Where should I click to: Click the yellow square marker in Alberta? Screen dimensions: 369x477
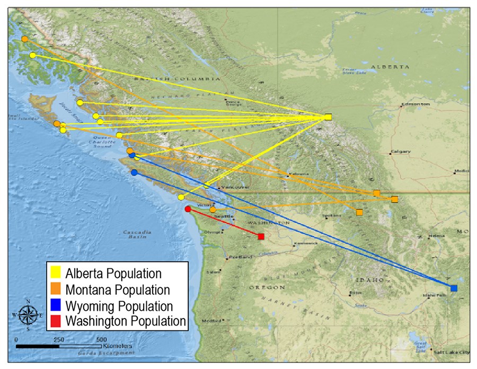[x=329, y=117]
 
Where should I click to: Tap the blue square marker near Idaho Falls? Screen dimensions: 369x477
[x=454, y=288]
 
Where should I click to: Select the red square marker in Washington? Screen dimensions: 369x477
[x=261, y=236]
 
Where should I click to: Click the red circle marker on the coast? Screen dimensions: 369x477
[x=188, y=209]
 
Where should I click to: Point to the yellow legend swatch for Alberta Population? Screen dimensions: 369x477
[x=55, y=274]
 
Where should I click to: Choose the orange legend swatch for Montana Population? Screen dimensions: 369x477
[x=55, y=289]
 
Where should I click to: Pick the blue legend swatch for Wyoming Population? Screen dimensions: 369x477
[x=55, y=305]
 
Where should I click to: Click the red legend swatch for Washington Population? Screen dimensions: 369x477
[x=55, y=321]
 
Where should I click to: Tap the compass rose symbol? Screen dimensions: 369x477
[x=27, y=314]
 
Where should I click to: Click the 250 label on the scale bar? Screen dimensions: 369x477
[x=59, y=339]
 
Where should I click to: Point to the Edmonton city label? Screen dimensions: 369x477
[x=417, y=104]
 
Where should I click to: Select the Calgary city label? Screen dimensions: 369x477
[x=401, y=152]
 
